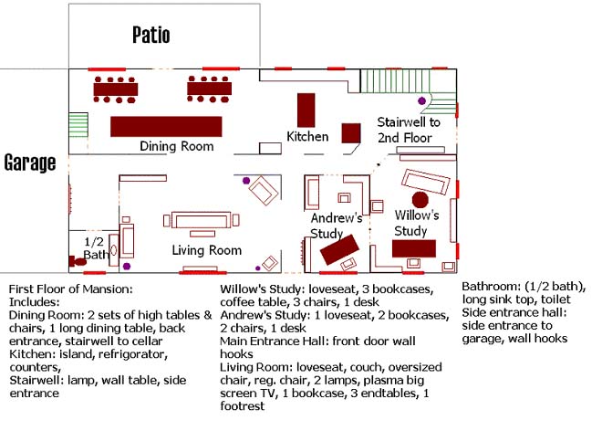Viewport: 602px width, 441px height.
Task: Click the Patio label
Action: click(151, 36)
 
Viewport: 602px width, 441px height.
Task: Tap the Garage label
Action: click(30, 163)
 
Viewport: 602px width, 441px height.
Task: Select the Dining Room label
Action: click(177, 146)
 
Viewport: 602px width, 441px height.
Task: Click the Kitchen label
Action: click(307, 137)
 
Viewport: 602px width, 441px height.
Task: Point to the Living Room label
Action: click(207, 250)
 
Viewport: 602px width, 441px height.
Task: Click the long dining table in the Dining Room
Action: click(166, 126)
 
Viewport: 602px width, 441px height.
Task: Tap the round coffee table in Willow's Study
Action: click(420, 199)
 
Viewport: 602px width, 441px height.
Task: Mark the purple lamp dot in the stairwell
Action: click(421, 100)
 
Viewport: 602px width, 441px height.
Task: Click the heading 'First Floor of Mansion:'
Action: click(71, 289)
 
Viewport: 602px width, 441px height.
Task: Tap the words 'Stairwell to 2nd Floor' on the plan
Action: click(409, 130)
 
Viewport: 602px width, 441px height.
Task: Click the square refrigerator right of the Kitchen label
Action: click(351, 131)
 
